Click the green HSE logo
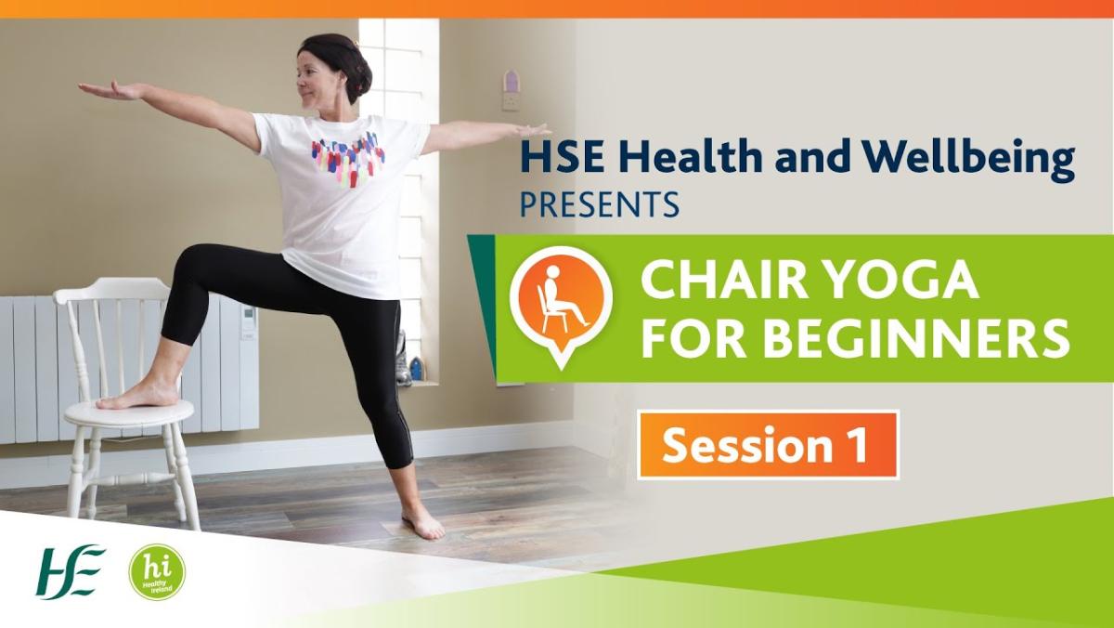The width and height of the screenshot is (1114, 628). (71, 571)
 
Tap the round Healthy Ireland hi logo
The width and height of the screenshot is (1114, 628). (157, 571)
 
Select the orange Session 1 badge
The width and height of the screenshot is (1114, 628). (769, 445)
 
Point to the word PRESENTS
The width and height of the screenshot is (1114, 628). (600, 203)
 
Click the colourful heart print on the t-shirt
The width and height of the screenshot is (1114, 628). (347, 159)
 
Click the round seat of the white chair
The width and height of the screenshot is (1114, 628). (129, 414)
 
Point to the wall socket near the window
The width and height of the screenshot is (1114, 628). (512, 101)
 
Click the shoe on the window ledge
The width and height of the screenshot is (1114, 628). (403, 360)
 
